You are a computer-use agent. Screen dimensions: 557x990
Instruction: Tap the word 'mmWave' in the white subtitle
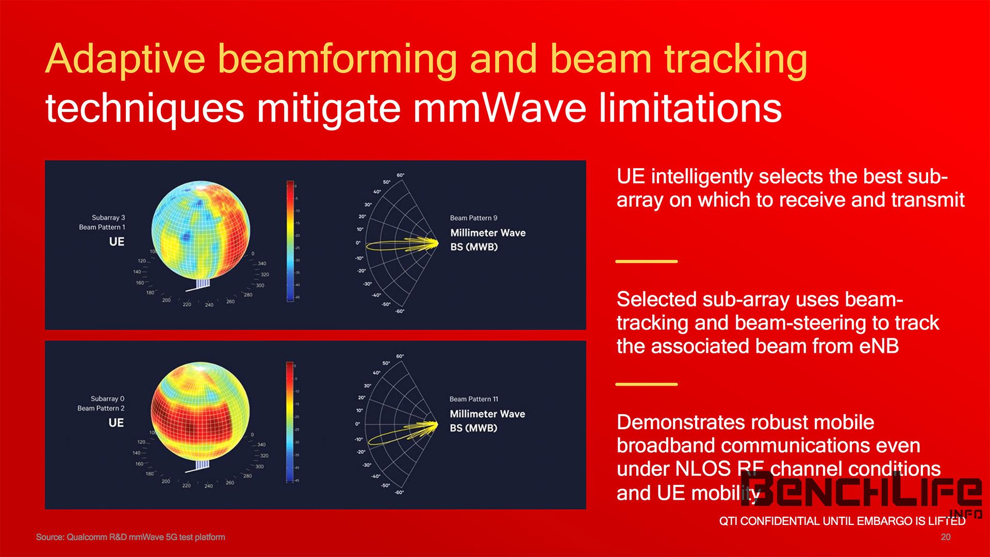499,108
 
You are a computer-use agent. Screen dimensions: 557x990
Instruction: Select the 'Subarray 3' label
108,218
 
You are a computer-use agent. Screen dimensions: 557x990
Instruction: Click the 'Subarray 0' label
107,399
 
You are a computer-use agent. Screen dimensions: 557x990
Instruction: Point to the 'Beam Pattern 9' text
473,218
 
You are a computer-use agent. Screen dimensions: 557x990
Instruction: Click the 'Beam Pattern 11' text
473,399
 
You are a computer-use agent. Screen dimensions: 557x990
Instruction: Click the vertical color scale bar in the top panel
290,241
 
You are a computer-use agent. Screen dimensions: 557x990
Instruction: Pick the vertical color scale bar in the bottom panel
289,422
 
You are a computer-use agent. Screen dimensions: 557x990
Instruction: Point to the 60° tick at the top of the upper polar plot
400,175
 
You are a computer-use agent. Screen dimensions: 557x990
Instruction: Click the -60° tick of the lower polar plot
399,492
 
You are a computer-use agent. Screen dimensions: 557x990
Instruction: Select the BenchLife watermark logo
861,490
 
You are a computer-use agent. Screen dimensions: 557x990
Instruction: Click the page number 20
945,537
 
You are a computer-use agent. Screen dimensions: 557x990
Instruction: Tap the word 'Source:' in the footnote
50,537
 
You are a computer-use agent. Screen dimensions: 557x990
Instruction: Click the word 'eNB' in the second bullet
879,346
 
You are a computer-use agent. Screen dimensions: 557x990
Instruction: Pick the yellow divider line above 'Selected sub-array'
646,261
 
